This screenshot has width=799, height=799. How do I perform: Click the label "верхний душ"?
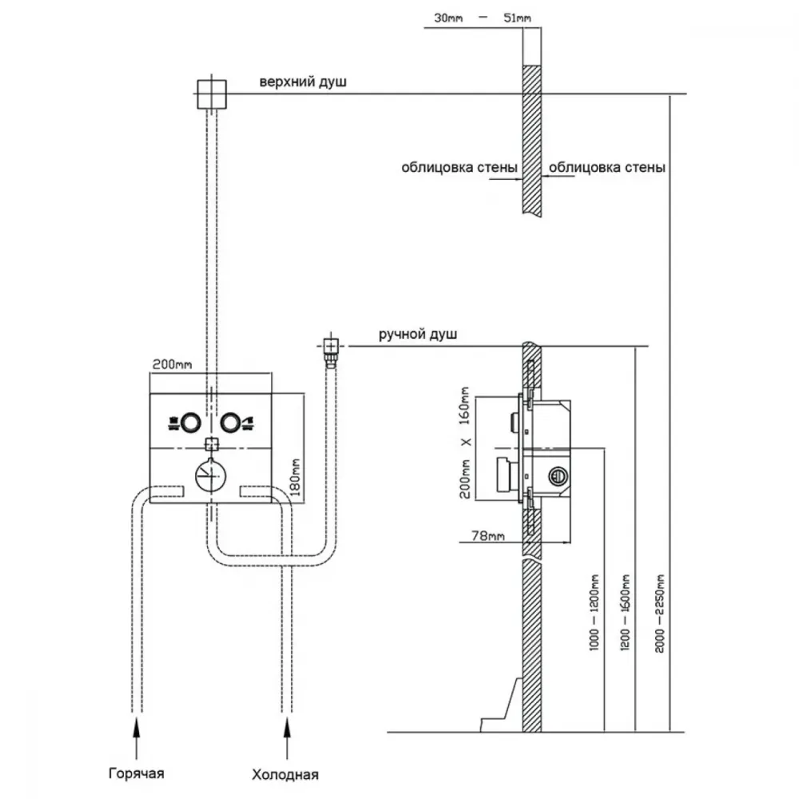[x=303, y=82]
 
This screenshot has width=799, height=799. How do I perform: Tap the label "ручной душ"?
[x=418, y=335]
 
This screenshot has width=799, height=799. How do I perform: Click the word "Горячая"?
[x=137, y=773]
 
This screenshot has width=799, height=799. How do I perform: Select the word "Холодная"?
[x=285, y=775]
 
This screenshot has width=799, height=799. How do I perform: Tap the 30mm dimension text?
[x=448, y=18]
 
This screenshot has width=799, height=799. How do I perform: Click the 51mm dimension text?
[x=517, y=18]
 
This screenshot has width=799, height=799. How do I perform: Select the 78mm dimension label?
[x=488, y=535]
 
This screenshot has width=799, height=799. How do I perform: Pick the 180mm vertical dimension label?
[x=295, y=478]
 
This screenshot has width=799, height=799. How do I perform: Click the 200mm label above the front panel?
[x=173, y=364]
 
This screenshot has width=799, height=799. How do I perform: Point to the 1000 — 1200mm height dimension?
[x=594, y=612]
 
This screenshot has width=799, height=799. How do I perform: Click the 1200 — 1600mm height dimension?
[x=626, y=612]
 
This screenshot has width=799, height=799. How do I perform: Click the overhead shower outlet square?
[x=212, y=94]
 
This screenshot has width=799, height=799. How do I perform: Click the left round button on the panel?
[x=192, y=423]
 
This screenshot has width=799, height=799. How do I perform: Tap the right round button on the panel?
[x=230, y=423]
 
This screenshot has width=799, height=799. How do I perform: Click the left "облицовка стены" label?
[x=459, y=168]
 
